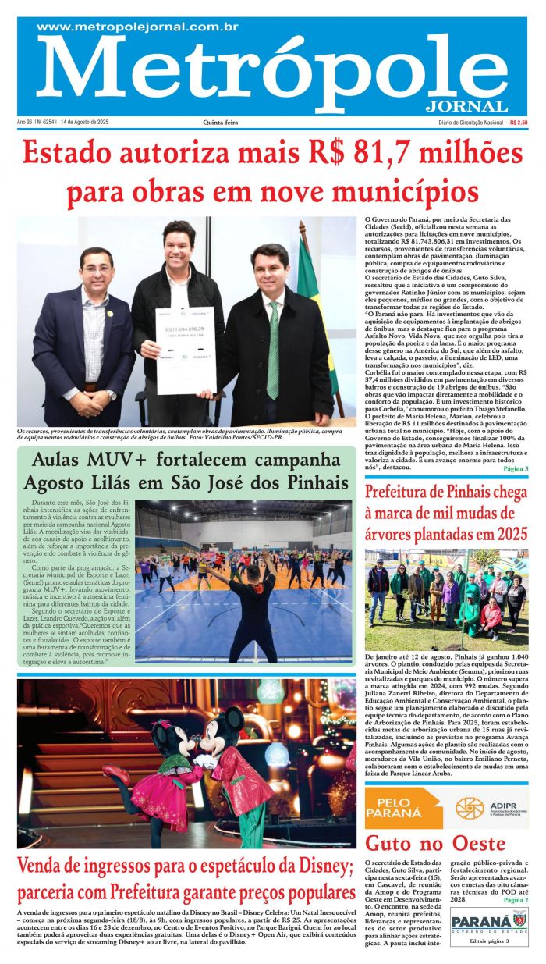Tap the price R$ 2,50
518,123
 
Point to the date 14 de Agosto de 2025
84,123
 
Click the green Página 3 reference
516,469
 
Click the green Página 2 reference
516,900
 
